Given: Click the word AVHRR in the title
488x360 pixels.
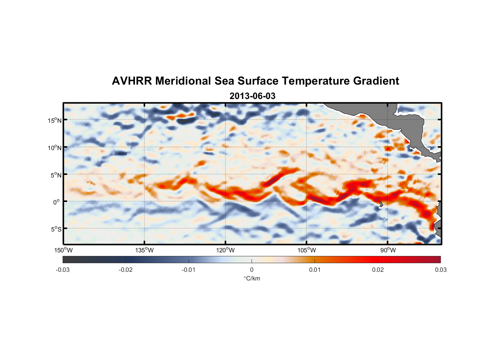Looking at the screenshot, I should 132,81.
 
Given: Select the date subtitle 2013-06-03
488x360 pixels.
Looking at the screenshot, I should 252,96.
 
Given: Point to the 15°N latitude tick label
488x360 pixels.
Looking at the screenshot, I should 55,120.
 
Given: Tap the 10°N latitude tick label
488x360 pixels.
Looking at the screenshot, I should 55,148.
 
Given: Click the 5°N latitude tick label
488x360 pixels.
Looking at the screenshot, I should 56,175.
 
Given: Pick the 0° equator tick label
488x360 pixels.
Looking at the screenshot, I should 57,202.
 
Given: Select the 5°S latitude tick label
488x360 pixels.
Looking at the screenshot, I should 56,229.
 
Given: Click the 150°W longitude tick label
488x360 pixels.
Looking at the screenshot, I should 63,250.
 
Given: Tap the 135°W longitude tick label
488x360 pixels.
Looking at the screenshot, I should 144,250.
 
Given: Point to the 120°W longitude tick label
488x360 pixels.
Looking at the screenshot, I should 225,250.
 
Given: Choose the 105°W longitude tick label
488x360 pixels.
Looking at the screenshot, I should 307,250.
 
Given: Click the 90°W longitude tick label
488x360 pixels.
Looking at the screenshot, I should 388,250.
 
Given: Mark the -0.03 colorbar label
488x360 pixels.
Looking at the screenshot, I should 63,270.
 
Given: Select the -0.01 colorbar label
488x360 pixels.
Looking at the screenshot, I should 189,270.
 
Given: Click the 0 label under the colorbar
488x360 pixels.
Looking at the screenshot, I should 252,270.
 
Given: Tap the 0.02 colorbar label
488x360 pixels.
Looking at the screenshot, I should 378,270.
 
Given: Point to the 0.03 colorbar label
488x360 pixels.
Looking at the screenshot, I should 440,270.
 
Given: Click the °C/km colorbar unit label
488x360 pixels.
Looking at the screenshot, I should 252,278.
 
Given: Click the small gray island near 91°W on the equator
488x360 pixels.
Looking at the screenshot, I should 381,204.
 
